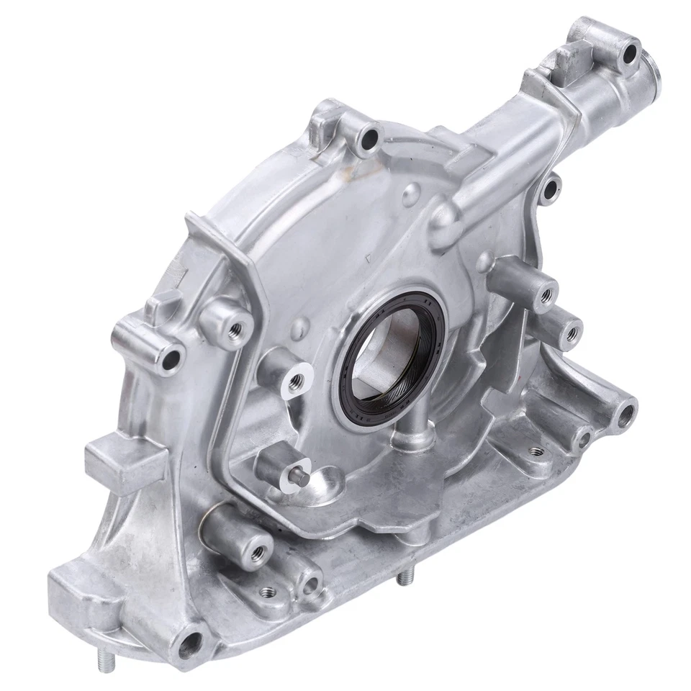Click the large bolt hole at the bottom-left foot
pos(192,641)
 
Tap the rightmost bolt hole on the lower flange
pos(625,413)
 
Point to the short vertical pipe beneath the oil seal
pos(406,440)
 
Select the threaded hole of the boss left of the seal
pos(295,379)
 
